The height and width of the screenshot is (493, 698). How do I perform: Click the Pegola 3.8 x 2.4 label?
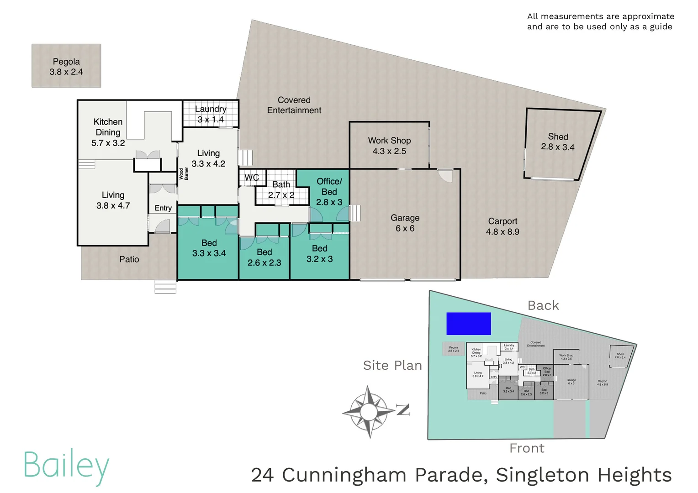pyautogui.click(x=66, y=67)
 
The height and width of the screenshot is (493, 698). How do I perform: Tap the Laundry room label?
pyautogui.click(x=211, y=114)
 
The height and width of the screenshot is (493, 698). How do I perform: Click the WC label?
pyautogui.click(x=252, y=178)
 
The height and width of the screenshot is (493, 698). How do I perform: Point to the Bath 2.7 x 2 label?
pyautogui.click(x=281, y=190)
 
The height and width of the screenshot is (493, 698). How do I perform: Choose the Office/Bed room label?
pyautogui.click(x=329, y=192)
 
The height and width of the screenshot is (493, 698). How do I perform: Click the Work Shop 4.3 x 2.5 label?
pyautogui.click(x=389, y=146)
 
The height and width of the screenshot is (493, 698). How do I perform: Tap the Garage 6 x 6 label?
pyautogui.click(x=405, y=223)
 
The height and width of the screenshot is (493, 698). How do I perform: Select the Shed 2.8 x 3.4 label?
pyautogui.click(x=558, y=142)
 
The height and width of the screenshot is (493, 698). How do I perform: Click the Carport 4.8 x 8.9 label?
pyautogui.click(x=502, y=226)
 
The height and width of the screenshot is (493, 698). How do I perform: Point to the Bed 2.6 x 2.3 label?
pyautogui.click(x=264, y=257)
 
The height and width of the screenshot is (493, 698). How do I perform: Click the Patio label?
pyautogui.click(x=129, y=259)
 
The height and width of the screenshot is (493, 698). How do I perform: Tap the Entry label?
pyautogui.click(x=163, y=208)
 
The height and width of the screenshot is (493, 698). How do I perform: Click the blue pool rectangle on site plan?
pyautogui.click(x=468, y=324)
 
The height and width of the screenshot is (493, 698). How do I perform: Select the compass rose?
pyautogui.click(x=369, y=412)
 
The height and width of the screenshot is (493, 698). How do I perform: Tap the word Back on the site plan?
pyautogui.click(x=543, y=305)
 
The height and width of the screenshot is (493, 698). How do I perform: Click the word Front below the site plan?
pyautogui.click(x=527, y=448)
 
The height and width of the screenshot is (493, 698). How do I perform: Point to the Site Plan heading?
pyautogui.click(x=392, y=365)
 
